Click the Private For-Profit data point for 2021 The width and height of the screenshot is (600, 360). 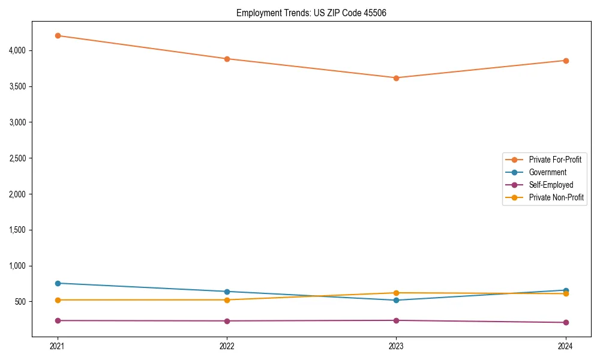click(x=58, y=35)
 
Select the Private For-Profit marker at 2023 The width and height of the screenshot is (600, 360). click(x=396, y=78)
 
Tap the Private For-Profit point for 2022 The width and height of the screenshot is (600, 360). click(x=227, y=59)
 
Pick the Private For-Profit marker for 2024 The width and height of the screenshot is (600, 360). click(x=565, y=61)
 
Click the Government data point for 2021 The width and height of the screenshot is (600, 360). click(x=58, y=283)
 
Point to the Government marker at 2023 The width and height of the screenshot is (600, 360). click(x=396, y=300)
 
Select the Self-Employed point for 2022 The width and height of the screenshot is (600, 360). click(x=227, y=321)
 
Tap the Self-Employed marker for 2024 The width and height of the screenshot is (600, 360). click(x=565, y=322)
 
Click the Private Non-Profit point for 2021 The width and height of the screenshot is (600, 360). click(x=58, y=300)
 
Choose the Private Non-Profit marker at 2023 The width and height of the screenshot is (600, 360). click(x=396, y=293)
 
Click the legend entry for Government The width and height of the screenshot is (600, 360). click(x=547, y=172)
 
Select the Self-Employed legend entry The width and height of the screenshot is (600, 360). click(x=551, y=185)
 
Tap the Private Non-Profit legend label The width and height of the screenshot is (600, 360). click(x=556, y=197)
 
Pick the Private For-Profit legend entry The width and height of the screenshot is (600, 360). click(x=555, y=160)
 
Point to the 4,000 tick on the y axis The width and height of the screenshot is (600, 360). click(x=16, y=50)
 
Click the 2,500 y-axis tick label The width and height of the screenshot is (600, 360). click(x=16, y=158)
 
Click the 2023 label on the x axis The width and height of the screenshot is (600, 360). click(x=396, y=346)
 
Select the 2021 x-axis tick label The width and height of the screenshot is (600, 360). click(x=58, y=346)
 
